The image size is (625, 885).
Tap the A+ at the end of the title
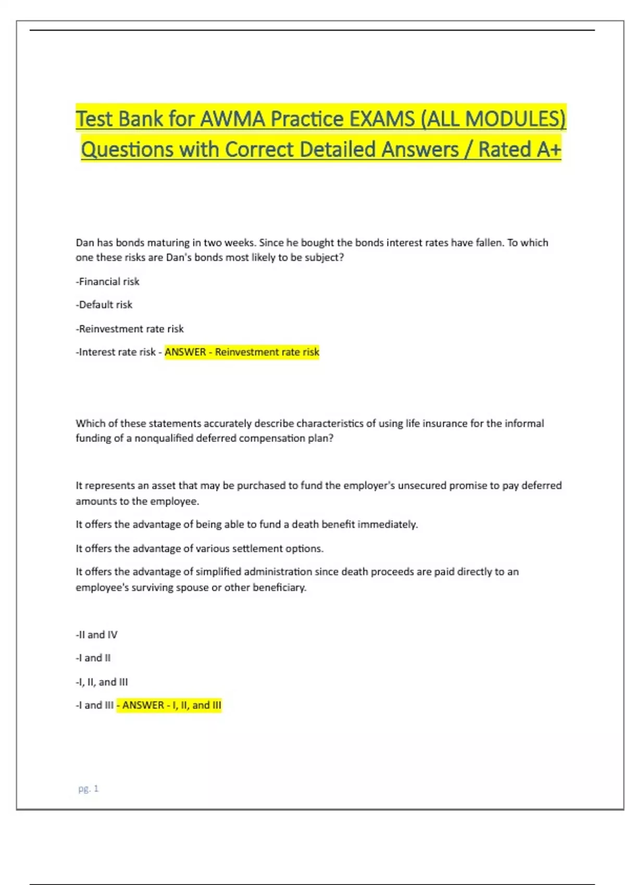[548, 149]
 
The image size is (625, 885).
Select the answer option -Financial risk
[108, 282]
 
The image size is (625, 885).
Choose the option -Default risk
[104, 305]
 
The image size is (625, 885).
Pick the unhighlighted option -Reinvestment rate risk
[130, 329]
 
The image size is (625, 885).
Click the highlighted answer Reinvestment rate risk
[267, 352]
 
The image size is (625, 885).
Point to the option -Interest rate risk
[116, 352]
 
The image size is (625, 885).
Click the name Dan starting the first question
[85, 243]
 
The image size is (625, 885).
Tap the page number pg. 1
[89, 789]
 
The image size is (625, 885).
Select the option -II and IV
[97, 635]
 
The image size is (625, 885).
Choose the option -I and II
[93, 658]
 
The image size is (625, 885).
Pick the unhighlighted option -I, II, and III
[102, 682]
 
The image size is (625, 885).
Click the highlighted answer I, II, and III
[197, 705]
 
